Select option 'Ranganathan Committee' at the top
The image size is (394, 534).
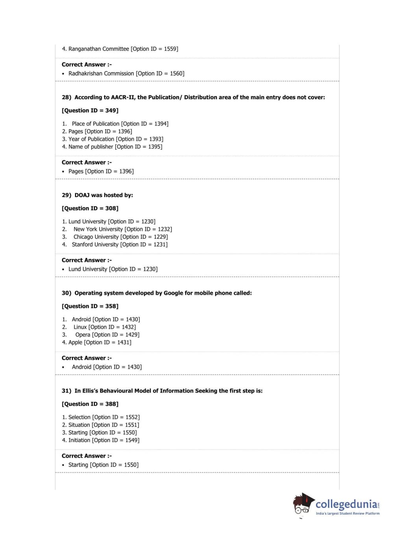98,49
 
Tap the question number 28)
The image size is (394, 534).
66,97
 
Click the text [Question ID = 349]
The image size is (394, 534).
90,111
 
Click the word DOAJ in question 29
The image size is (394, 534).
82,195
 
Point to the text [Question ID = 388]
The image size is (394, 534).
90,404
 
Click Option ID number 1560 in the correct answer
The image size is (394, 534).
176,74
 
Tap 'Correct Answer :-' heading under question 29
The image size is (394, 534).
87,260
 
